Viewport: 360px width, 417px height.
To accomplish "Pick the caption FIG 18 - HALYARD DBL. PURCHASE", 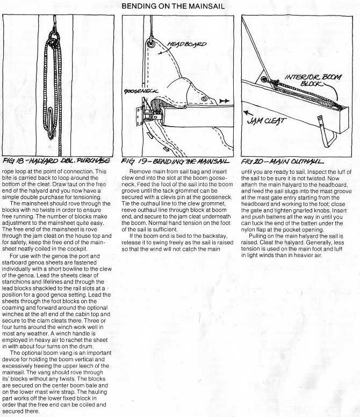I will [x=56, y=160].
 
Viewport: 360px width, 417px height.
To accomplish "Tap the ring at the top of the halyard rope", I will [x=55, y=38].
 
